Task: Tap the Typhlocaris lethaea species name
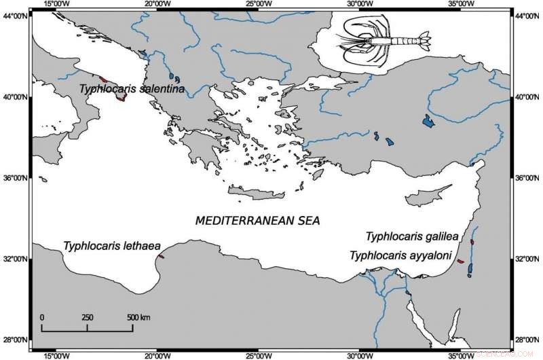108,245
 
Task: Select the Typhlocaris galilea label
412,237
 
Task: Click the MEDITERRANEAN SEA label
257,221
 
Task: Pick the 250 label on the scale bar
88,317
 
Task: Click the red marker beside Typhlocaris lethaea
161,256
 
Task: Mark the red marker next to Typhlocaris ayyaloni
460,261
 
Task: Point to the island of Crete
255,196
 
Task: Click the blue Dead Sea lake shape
470,267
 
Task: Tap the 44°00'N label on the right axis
527,16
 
